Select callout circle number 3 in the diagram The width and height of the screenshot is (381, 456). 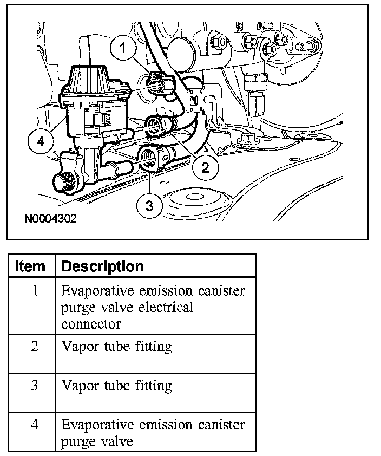[150, 205]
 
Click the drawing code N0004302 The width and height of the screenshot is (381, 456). [50, 219]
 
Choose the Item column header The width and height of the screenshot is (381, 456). [31, 266]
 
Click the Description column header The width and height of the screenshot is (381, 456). [102, 266]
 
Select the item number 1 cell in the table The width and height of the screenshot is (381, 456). [34, 291]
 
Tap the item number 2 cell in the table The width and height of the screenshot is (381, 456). [34, 346]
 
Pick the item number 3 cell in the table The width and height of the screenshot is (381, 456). [34, 386]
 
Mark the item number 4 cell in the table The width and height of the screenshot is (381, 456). [34, 425]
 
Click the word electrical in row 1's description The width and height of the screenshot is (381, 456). [162, 308]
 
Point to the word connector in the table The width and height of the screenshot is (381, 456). [90, 324]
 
